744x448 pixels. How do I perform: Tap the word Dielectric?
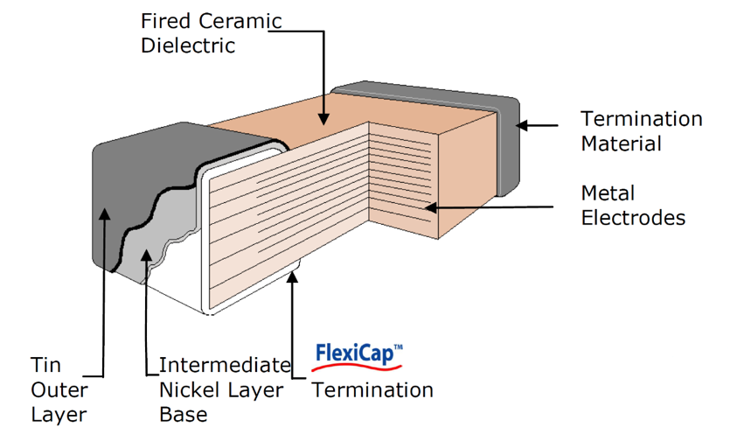(188, 45)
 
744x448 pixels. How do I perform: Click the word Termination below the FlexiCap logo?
(372, 389)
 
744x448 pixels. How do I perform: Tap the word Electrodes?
(633, 217)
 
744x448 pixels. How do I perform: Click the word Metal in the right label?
(608, 192)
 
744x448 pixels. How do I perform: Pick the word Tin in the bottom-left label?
(45, 364)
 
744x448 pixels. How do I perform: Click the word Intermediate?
(224, 364)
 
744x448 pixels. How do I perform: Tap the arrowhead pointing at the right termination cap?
(521, 125)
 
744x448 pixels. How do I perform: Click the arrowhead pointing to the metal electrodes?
(428, 207)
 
